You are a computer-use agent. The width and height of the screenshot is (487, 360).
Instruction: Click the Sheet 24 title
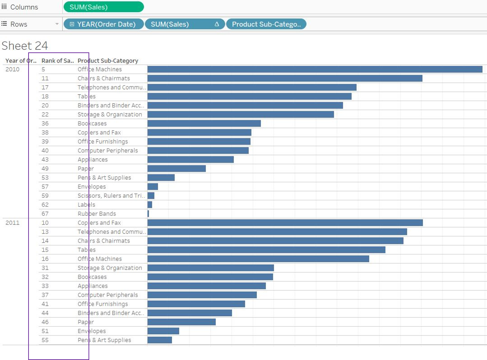point(25,46)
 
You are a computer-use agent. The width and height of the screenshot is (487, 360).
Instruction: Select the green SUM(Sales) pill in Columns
point(103,7)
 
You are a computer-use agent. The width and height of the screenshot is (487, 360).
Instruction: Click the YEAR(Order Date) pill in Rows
point(104,24)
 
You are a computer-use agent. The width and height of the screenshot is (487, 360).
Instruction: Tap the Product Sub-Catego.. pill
point(266,24)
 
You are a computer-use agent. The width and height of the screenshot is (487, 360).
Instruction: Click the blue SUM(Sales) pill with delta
point(185,24)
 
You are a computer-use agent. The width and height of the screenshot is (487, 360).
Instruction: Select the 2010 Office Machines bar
point(315,69)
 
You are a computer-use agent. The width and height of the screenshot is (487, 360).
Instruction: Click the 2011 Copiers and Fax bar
point(285,223)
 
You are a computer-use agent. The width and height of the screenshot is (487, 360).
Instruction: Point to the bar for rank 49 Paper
point(177,169)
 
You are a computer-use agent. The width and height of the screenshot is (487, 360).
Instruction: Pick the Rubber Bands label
point(97,214)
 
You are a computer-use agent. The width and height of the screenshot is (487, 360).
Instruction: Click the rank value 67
point(45,214)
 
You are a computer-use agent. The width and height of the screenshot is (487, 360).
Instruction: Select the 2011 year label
point(12,223)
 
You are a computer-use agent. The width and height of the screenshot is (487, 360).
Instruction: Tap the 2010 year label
point(12,69)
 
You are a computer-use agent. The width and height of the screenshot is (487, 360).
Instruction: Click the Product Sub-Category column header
point(108,61)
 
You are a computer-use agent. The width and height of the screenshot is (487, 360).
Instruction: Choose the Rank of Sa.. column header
point(57,61)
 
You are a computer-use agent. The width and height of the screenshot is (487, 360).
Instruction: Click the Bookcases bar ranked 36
point(204,123)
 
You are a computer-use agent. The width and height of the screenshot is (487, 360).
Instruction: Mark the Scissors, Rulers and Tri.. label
point(111,196)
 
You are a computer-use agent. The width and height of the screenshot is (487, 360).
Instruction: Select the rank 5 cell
point(43,69)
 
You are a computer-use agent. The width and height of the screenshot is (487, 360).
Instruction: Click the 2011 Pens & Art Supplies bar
point(160,340)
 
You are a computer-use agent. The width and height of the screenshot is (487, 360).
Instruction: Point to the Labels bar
point(150,205)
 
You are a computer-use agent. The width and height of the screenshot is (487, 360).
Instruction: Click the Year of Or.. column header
point(21,61)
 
